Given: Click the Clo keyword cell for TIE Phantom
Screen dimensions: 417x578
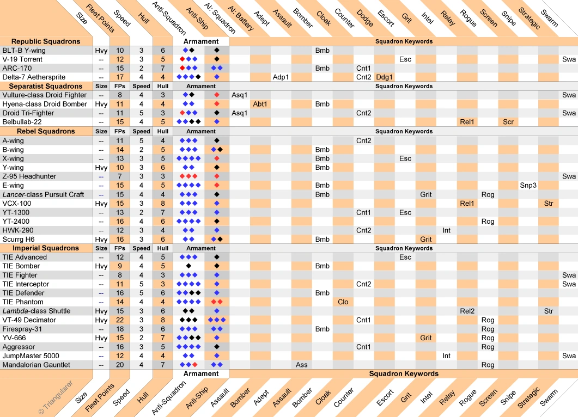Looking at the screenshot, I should click(x=343, y=302).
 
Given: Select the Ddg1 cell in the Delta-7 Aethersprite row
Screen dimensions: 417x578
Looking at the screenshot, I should click(x=384, y=77).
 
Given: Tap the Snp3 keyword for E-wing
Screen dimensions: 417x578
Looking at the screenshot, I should click(x=528, y=186).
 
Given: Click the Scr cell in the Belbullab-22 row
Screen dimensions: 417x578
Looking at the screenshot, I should click(x=508, y=122).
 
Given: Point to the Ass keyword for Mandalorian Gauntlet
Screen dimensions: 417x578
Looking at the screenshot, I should click(x=302, y=365).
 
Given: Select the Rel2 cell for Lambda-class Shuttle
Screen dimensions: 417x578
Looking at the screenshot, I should click(x=467, y=311).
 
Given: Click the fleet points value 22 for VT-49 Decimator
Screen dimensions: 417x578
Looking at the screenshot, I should click(x=120, y=320).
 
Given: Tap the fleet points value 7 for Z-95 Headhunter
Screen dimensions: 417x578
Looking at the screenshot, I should click(x=120, y=176).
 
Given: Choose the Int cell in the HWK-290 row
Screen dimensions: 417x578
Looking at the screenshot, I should click(x=446, y=230).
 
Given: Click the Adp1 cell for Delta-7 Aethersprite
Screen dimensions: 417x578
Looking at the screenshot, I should click(x=281, y=77).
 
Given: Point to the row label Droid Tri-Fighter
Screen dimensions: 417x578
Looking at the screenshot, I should click(x=28, y=113).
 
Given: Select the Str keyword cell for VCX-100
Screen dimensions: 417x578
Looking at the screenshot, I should click(x=549, y=204).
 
